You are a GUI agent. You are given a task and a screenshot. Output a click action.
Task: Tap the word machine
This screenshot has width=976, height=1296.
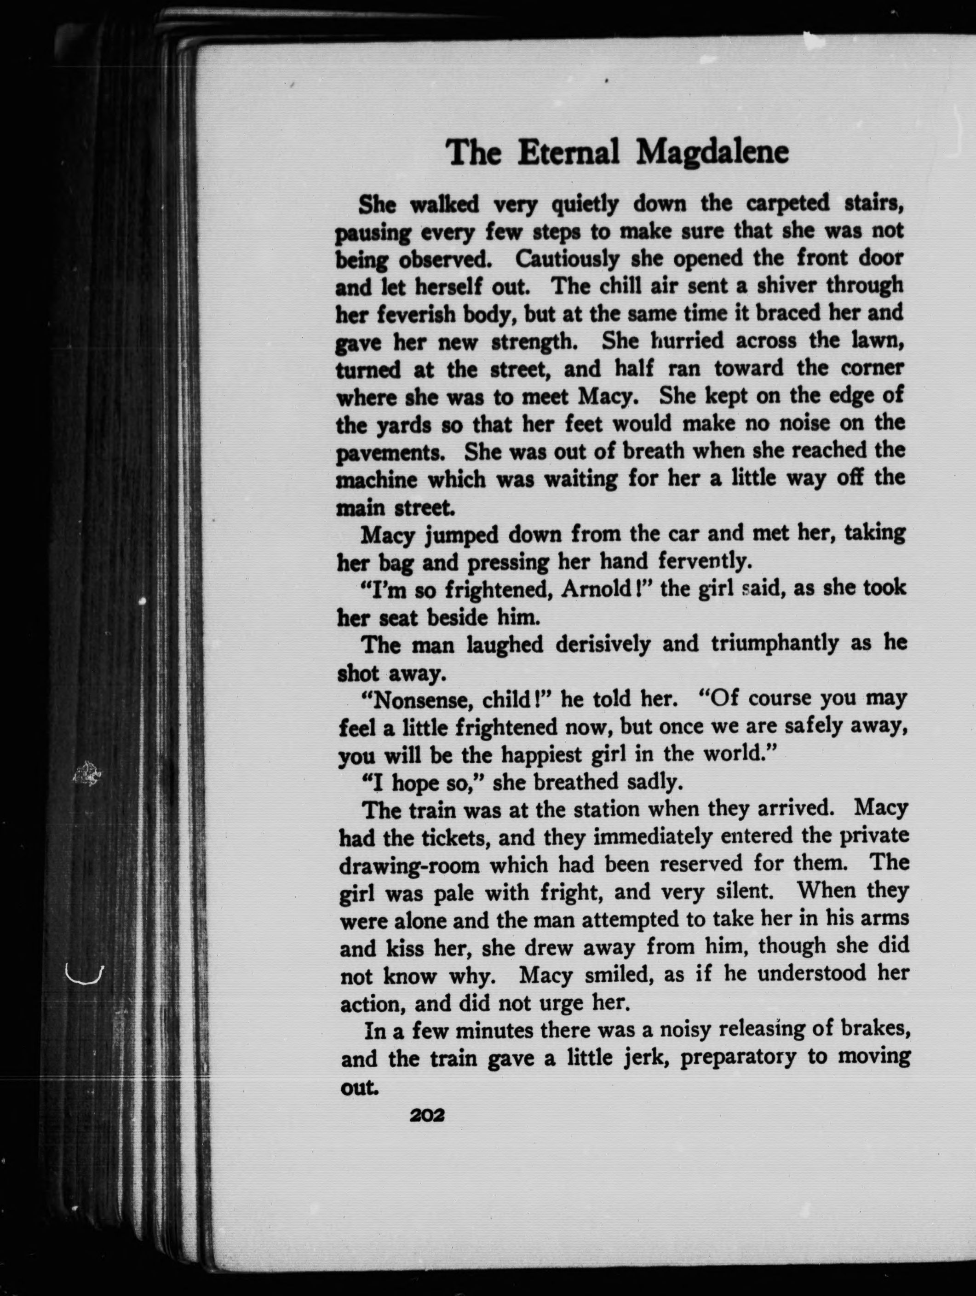tap(377, 480)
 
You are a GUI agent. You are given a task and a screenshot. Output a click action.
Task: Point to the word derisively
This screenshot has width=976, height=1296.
tap(603, 645)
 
